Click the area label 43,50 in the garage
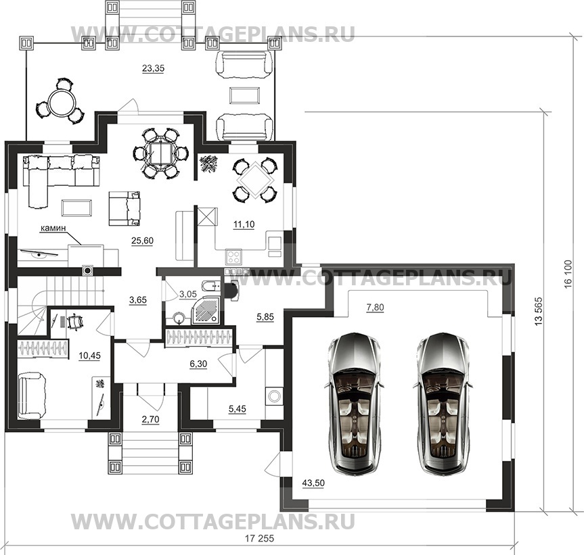pos(313,483)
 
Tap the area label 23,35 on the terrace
pos(153,68)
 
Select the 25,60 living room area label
pos(142,241)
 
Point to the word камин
pos(53,228)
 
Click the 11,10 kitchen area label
pos(244,224)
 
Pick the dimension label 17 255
pos(259,538)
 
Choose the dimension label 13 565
pos(539,312)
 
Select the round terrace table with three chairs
pos(62,101)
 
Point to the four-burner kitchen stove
pos(233,257)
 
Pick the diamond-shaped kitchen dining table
pos(255,180)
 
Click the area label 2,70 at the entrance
pos(150,420)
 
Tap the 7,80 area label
pos(375,308)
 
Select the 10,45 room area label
pos(89,356)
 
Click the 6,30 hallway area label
pos(198,364)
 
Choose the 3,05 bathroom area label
pos(187,294)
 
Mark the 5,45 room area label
pos(238,409)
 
